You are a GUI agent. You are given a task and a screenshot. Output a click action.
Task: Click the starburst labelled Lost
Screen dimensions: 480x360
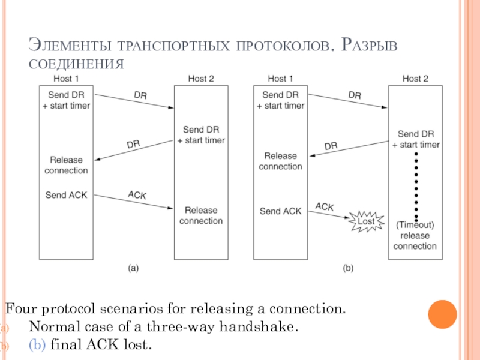(367, 221)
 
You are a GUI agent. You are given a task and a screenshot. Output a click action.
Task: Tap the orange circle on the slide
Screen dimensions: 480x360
(442, 314)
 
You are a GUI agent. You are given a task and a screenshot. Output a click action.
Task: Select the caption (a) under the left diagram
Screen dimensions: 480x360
(133, 268)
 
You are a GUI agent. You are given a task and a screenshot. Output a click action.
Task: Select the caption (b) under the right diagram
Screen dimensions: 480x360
(348, 268)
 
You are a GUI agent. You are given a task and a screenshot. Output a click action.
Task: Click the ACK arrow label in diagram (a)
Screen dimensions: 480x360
(137, 194)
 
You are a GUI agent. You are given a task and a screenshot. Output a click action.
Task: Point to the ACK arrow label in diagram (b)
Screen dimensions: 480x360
(325, 206)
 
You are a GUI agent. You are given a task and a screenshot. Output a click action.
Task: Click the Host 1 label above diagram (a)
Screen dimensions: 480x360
(66, 79)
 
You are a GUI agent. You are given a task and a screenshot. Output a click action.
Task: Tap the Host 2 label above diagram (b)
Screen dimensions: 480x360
(415, 79)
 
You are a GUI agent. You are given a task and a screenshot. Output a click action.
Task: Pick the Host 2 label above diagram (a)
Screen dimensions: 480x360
(201, 79)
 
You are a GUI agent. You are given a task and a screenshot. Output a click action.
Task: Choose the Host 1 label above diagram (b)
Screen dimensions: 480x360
(280, 79)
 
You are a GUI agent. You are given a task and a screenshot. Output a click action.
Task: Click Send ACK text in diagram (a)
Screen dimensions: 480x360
(66, 195)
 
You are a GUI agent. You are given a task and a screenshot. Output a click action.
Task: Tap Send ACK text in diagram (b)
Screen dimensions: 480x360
(280, 211)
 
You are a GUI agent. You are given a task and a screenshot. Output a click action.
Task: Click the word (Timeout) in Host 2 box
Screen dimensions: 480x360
(415, 225)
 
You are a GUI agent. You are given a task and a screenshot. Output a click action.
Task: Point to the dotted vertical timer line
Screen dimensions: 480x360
(416, 187)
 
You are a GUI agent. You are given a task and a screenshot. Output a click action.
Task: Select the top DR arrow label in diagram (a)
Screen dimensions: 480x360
(140, 95)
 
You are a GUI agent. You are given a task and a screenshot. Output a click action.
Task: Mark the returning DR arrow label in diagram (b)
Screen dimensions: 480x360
(331, 146)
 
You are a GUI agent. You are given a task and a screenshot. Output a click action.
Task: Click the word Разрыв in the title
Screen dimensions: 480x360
(369, 44)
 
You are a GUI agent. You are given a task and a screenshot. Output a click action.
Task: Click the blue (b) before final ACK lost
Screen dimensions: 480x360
(37, 344)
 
